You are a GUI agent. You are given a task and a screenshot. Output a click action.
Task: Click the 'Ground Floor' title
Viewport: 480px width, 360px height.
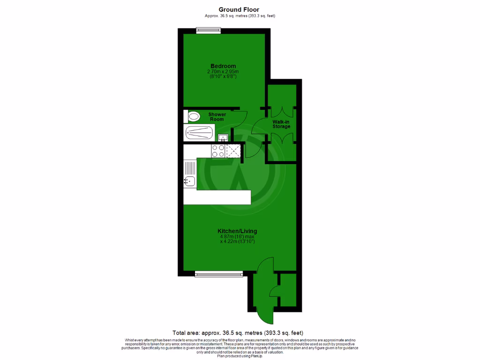tap(239, 9)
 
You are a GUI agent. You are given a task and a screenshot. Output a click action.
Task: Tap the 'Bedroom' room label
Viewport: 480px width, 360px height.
tap(223, 66)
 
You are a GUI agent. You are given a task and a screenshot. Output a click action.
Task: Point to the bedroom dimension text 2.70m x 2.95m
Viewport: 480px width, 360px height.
tap(223, 71)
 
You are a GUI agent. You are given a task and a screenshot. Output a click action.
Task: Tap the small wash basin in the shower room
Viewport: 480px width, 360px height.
tap(223, 137)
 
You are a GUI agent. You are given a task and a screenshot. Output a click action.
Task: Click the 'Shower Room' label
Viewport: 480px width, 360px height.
tap(217, 117)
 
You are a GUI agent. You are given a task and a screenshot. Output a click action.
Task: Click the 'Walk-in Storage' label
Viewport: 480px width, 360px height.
tap(281, 124)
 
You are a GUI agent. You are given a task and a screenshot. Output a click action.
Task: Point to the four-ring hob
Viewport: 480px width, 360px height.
tap(218, 150)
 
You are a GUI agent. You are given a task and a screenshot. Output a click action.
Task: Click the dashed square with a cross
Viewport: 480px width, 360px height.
tap(233, 150)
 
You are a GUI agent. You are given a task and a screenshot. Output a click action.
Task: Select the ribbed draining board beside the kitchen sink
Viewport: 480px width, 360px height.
tap(189, 167)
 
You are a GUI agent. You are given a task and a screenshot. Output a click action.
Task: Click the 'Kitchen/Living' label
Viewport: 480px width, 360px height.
tap(237, 231)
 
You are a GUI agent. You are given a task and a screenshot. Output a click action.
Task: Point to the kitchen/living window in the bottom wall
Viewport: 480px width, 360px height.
tap(219, 274)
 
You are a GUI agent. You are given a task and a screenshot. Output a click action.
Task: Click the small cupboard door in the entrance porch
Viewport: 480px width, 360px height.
tap(275, 291)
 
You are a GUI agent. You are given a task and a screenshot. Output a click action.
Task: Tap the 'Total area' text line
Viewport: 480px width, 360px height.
tap(241, 332)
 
